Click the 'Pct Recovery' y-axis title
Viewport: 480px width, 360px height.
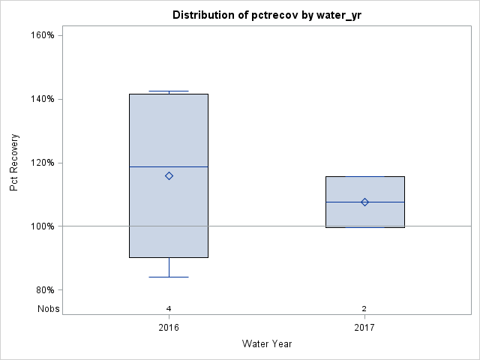[x=14, y=163]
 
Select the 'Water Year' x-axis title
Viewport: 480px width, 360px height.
[x=267, y=343]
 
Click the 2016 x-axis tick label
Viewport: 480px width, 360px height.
[x=169, y=328]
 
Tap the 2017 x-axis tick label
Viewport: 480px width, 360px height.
[x=364, y=328]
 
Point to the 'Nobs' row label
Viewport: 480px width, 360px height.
[x=48, y=309]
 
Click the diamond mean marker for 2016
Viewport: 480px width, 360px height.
[x=169, y=176]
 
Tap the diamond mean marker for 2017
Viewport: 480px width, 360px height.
[x=364, y=202]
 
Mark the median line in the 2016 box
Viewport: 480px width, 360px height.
[x=150, y=166]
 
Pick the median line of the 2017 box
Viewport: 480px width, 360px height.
[x=345, y=202]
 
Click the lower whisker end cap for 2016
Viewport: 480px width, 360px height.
[x=169, y=277]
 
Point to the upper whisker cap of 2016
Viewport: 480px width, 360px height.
[x=169, y=91]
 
